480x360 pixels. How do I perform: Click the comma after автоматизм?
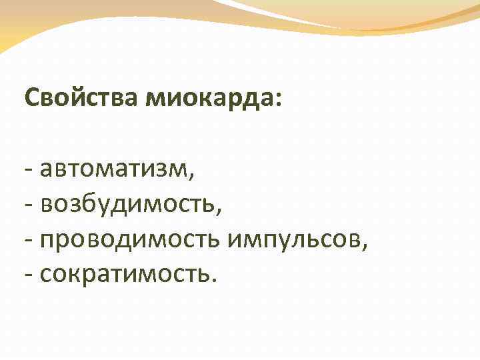[193, 177]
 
